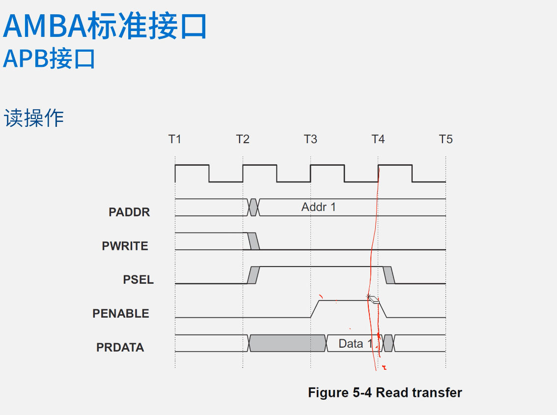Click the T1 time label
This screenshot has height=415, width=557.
[x=175, y=139]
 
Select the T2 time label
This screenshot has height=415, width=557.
[x=243, y=139]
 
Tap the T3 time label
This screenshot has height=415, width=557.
[x=310, y=139]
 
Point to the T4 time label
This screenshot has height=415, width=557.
[x=378, y=139]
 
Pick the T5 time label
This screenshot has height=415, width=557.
[x=446, y=139]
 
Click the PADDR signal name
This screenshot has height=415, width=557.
[x=129, y=212]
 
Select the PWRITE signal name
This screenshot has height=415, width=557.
[x=125, y=246]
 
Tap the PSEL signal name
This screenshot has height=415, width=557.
[x=138, y=280]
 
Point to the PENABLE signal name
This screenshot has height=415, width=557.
[x=120, y=313]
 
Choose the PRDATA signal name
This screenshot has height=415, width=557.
[x=120, y=347]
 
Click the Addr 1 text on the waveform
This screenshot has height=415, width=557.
[x=318, y=207]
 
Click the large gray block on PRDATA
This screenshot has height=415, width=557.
[x=288, y=343]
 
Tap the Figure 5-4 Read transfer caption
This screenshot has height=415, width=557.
[x=385, y=392]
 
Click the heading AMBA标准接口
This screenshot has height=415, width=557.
[x=105, y=27]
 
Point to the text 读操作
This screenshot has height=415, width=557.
[x=34, y=119]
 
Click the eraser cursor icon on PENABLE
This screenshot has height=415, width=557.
[x=374, y=299]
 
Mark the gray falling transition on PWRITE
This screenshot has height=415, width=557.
[x=254, y=241]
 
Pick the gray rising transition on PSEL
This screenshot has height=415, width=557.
[x=253, y=275]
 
